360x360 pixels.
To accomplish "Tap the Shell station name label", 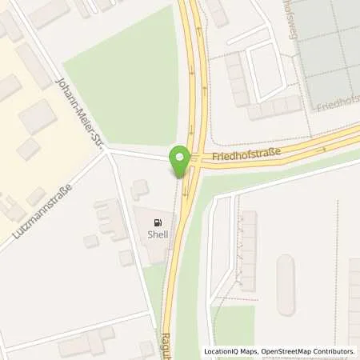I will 158,234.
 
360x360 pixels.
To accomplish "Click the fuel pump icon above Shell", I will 158,222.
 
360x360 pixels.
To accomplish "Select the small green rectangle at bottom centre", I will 233,325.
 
